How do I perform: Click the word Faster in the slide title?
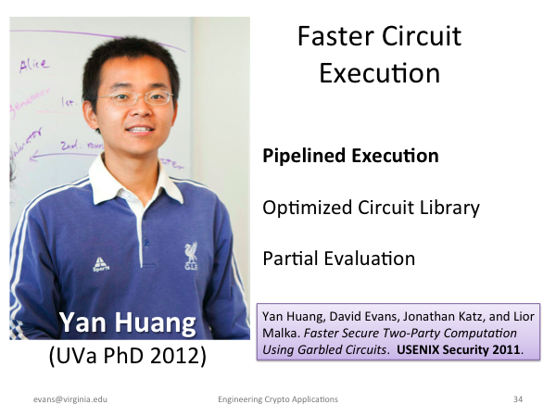click(335, 36)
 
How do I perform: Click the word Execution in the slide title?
click(380, 73)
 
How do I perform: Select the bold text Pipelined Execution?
click(350, 156)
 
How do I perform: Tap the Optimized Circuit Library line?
click(371, 208)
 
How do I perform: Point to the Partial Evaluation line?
click(339, 259)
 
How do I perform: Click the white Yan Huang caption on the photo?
click(128, 322)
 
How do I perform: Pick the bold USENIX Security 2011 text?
click(458, 349)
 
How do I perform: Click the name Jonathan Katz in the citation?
click(443, 316)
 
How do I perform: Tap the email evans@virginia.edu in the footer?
click(70, 399)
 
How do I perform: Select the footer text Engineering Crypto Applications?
click(278, 399)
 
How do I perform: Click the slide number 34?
click(518, 399)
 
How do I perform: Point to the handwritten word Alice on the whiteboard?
click(34, 65)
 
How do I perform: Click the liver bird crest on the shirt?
click(191, 256)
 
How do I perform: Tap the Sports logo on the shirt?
click(101, 264)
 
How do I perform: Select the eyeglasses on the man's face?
click(136, 98)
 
